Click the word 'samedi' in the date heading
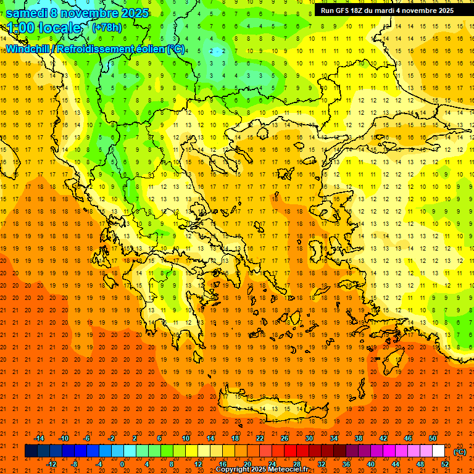pyautogui.click(x=28, y=13)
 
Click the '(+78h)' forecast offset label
pyautogui.click(x=107, y=28)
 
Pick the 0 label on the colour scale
pyautogui.click(x=122, y=464)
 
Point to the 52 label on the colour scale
pyautogui.click(x=445, y=464)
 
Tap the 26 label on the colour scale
pyautogui.click(x=285, y=438)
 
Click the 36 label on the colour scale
pyautogui.click(x=346, y=464)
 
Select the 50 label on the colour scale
pyautogui.click(x=432, y=438)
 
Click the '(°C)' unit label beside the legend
pyautogui.click(x=460, y=451)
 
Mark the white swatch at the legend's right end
pyautogui.click(x=439, y=451)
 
